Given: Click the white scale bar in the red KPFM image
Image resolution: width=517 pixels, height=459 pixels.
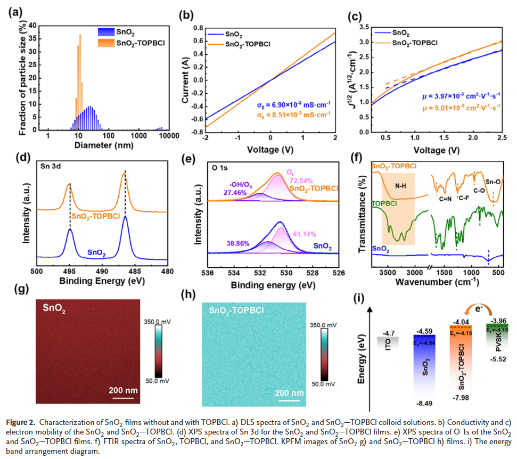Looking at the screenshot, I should click(122, 396).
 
